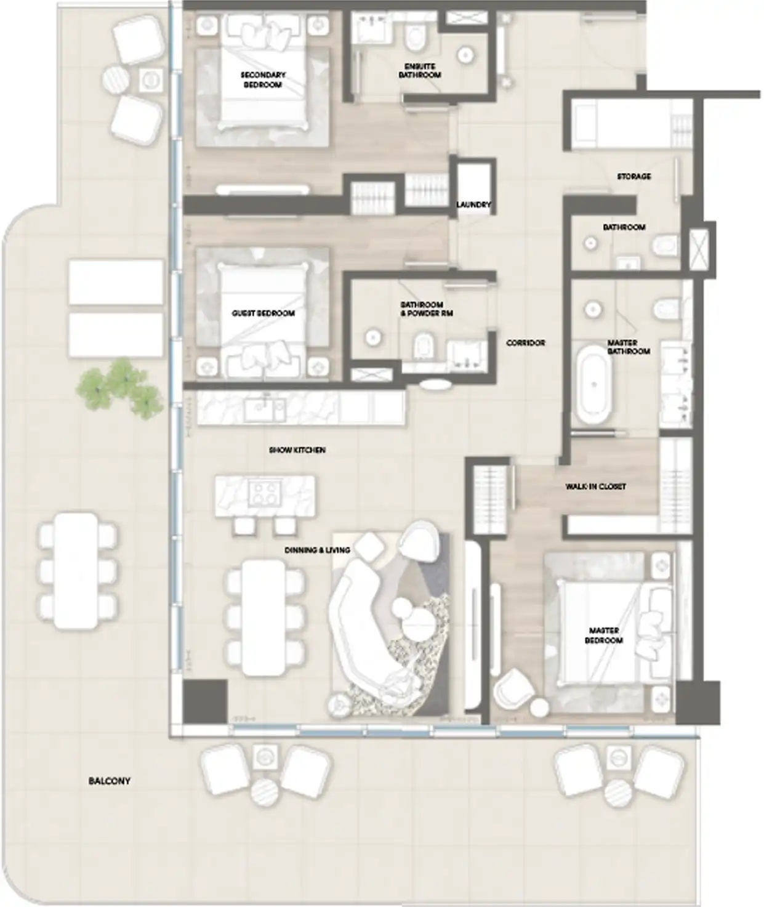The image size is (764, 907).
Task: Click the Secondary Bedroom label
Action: pyautogui.click(x=263, y=79)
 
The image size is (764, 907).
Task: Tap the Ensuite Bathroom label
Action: pyautogui.click(x=420, y=70)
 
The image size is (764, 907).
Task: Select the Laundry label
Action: pyautogui.click(x=473, y=204)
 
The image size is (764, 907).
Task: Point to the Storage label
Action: pyautogui.click(x=633, y=177)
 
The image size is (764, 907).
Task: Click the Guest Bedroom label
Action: pyautogui.click(x=263, y=313)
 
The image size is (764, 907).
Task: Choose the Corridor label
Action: pyautogui.click(x=525, y=343)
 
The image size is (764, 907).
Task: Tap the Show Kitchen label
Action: pyautogui.click(x=297, y=450)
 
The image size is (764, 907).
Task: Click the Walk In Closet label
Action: pyautogui.click(x=595, y=486)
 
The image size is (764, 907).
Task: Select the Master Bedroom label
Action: pyautogui.click(x=604, y=635)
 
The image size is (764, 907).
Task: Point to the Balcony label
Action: pyautogui.click(x=110, y=781)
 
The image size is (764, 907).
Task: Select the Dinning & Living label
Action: pyautogui.click(x=317, y=550)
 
